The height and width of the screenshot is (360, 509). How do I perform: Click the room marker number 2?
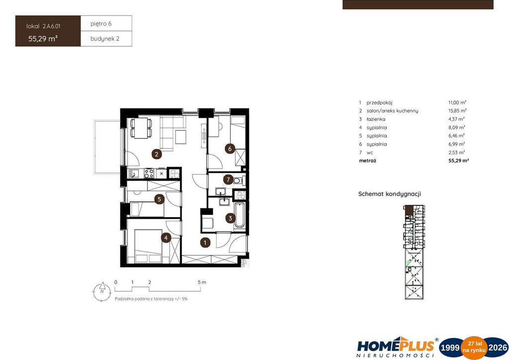pos(157,154)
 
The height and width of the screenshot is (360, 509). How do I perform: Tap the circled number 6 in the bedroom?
pos(230,149)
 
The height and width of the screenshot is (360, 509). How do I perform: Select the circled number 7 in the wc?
pos(228,180)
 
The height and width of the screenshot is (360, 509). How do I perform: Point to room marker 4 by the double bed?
pos(166,238)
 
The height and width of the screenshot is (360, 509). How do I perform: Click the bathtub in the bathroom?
pos(240,215)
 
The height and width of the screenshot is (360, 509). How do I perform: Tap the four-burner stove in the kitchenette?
pos(149,174)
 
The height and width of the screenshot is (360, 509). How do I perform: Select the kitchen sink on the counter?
pos(133,174)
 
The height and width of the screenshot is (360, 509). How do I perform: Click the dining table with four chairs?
pos(141,128)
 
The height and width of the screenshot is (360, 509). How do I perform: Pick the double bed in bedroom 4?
pos(148,247)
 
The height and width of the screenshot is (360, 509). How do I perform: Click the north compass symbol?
pos(102,291)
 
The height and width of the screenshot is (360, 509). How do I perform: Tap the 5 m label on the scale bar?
pos(202,282)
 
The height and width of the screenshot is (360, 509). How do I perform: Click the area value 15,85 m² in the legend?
pos(457,111)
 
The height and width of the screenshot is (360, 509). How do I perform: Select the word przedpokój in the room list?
pos(379,102)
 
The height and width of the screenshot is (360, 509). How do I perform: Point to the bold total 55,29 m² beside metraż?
pos(459,161)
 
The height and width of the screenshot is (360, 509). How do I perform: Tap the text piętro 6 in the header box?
pos(101,24)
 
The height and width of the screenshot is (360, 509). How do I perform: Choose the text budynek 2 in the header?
pos(105,39)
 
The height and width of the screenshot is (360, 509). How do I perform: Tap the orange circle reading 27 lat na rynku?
pos(474,348)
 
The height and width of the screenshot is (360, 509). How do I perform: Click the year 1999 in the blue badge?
pos(450,348)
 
